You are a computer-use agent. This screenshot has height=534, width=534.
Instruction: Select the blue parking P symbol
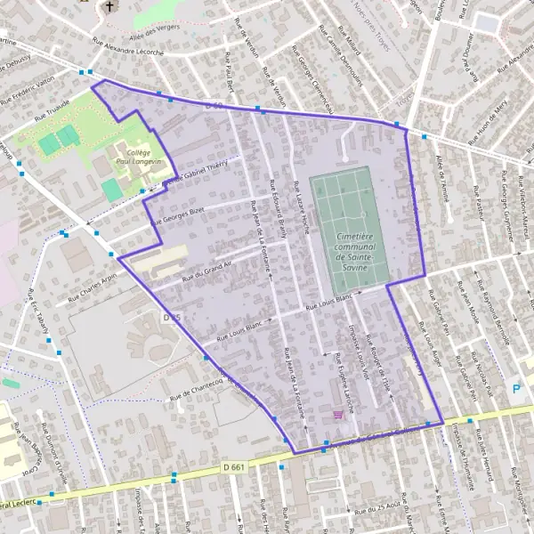point(516,389)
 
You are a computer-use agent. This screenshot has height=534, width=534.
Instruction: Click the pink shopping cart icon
point(337,415)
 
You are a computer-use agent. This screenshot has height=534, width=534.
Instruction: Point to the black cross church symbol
point(109,7)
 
